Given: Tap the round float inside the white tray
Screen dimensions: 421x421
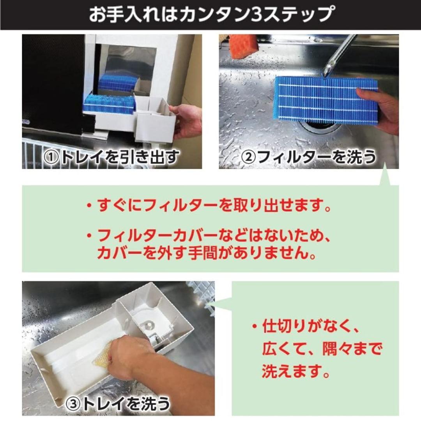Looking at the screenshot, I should click(x=148, y=324).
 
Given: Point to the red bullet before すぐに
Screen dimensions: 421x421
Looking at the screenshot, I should click(x=89, y=205).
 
